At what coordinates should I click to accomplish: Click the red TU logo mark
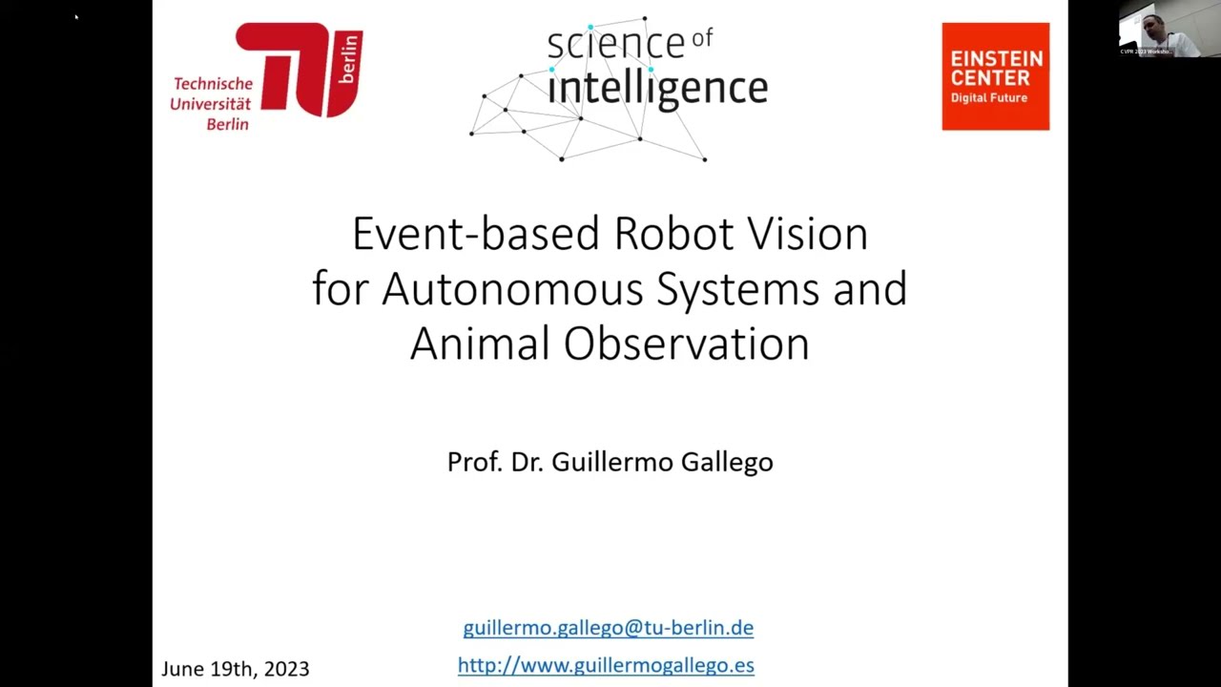[x=298, y=69]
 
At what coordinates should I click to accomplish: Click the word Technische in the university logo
[x=213, y=84]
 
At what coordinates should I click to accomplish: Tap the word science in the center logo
[x=615, y=44]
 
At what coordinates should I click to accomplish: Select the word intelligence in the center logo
[x=657, y=88]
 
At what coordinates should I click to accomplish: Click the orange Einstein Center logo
[x=995, y=76]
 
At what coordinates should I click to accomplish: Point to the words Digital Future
[x=988, y=98]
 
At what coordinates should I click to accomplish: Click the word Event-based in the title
[x=476, y=234]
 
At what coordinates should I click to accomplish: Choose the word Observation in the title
[x=686, y=343]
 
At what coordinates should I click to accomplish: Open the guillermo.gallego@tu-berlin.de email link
[x=608, y=628]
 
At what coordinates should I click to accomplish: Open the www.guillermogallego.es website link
[x=606, y=665]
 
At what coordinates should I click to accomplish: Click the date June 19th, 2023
[x=236, y=669]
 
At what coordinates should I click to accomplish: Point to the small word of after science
[x=702, y=37]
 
